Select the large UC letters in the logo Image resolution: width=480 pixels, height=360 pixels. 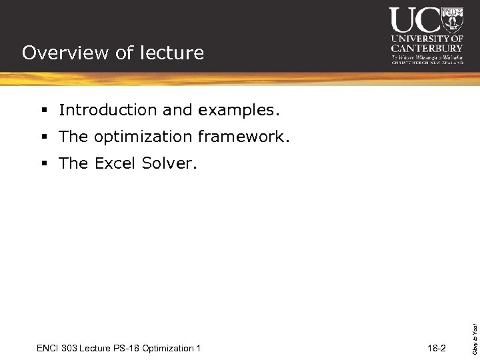tap(415, 20)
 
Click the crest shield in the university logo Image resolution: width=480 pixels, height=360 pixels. tap(453, 20)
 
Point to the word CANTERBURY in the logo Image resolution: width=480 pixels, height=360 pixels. tap(427, 48)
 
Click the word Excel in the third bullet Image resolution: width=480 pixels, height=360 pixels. tap(115, 163)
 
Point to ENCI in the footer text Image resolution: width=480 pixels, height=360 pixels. tap(48, 348)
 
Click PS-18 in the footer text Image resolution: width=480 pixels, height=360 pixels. tap(128, 348)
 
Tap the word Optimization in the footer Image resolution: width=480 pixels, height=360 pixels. tap(169, 348)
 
